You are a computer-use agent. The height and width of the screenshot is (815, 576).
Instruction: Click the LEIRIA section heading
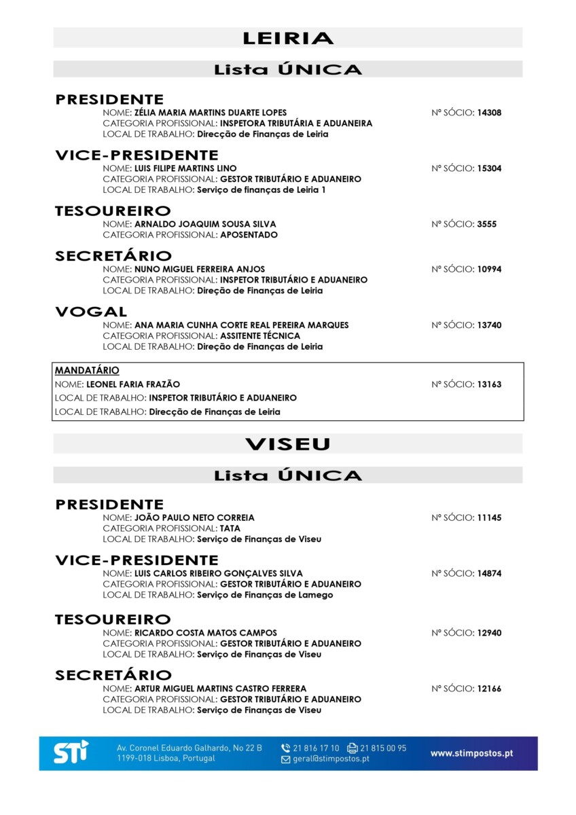pos(287,38)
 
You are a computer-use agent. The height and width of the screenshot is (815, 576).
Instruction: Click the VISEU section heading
pos(287,444)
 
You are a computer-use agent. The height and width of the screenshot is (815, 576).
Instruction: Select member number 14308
pos(489,113)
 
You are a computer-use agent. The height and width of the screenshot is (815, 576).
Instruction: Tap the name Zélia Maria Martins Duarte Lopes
pos(211,113)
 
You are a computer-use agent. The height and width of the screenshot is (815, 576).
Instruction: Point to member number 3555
pos(487,224)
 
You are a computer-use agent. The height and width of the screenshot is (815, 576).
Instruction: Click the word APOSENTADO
pos(249,235)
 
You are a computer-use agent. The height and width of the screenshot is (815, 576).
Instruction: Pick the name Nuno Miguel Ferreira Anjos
pos(200,269)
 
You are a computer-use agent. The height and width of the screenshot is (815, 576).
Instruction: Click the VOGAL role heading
pos(91,312)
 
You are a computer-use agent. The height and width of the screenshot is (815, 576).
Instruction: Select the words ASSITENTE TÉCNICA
pos(260,336)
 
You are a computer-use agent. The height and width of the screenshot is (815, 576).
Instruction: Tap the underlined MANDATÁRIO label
pos(87,370)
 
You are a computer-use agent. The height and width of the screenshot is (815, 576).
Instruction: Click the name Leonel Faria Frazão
pos(133,384)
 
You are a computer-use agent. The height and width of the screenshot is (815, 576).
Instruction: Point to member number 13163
pos(489,384)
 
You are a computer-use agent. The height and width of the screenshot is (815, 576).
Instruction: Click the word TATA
pos(230,528)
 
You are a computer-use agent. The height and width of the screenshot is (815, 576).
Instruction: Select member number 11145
pos(489,518)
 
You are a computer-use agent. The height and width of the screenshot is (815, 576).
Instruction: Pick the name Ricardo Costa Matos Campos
pos(206,633)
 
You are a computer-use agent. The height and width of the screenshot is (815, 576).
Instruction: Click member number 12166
pos(489,689)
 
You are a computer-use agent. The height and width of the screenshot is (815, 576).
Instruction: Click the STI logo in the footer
pos(71,753)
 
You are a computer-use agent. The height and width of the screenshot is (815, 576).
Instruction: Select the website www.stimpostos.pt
pos(471,753)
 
